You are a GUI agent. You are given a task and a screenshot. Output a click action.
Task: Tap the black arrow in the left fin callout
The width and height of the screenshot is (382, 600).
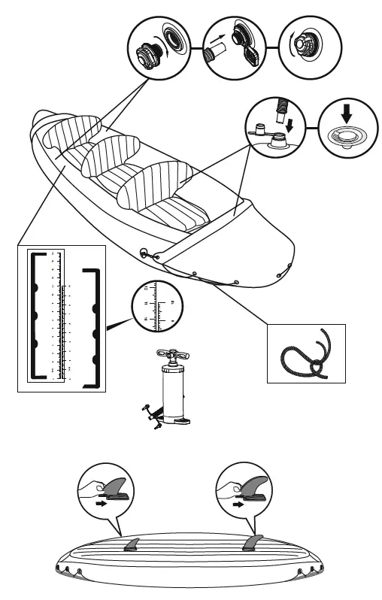pos(99,506)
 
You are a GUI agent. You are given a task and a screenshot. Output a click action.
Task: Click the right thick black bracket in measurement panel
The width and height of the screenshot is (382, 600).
pos(93,327)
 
